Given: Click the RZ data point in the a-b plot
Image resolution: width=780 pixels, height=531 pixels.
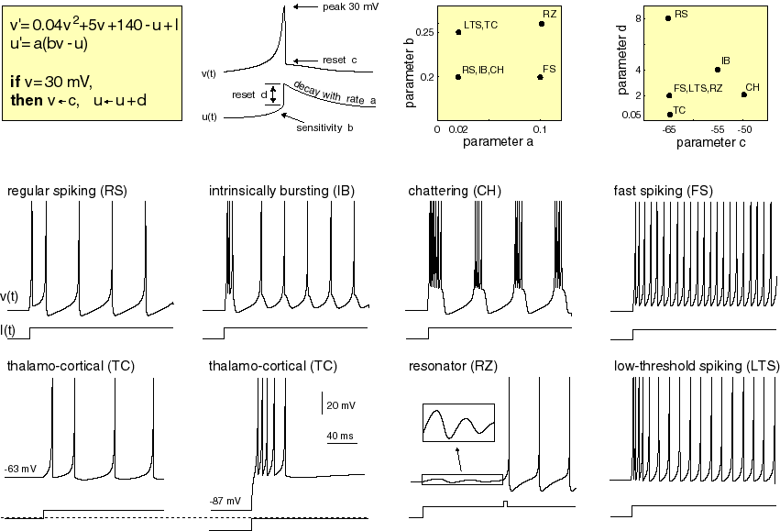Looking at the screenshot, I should (x=542, y=24).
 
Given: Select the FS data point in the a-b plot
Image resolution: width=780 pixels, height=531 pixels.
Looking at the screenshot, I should (x=540, y=77).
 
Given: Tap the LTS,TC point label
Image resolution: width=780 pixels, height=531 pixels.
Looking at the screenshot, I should (x=481, y=23).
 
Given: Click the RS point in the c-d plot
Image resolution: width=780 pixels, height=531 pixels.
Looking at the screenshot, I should (x=667, y=17).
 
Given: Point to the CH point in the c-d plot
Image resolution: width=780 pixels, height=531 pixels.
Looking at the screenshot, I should (x=744, y=94).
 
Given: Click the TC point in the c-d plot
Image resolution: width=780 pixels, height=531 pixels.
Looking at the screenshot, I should (x=669, y=115).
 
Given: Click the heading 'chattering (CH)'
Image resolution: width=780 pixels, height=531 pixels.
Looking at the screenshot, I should (x=456, y=191).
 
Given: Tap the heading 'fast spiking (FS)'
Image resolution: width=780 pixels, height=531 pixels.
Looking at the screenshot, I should (x=663, y=191).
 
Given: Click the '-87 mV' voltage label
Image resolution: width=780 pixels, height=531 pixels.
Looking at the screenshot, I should (x=225, y=501).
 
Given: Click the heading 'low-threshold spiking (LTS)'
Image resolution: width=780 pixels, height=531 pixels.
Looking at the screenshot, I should (x=697, y=366).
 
